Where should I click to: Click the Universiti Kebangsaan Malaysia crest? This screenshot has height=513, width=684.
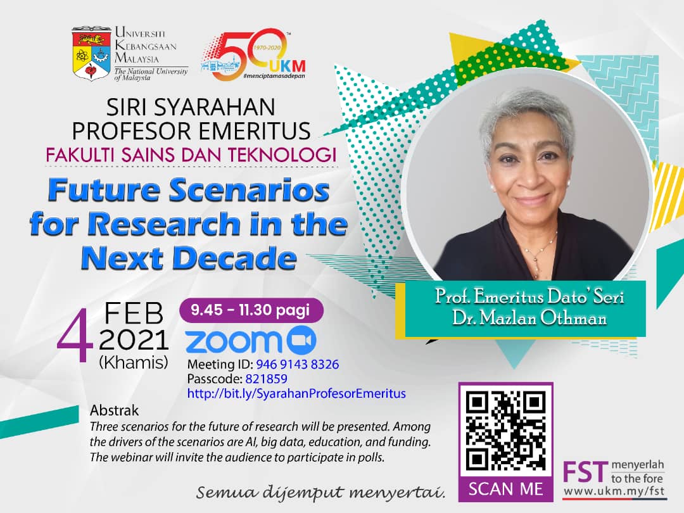coord(91,54)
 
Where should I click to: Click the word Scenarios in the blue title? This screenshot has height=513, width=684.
coord(249,191)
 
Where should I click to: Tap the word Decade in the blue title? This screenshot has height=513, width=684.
coord(236,258)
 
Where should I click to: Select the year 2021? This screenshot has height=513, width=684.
coord(134,340)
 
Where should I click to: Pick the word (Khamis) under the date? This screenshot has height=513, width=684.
coord(134,362)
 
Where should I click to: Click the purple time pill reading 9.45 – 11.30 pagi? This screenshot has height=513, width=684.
coord(251,310)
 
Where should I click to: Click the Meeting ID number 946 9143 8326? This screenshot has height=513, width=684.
coord(298,364)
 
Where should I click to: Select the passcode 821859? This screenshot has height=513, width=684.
coord(266,379)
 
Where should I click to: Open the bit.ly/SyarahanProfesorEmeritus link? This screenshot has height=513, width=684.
coord(296,393)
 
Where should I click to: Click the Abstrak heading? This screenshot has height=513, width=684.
coord(108,410)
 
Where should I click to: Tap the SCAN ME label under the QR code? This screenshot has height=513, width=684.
coord(505,489)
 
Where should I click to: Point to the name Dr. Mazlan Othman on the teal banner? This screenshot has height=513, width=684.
coord(529,318)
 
